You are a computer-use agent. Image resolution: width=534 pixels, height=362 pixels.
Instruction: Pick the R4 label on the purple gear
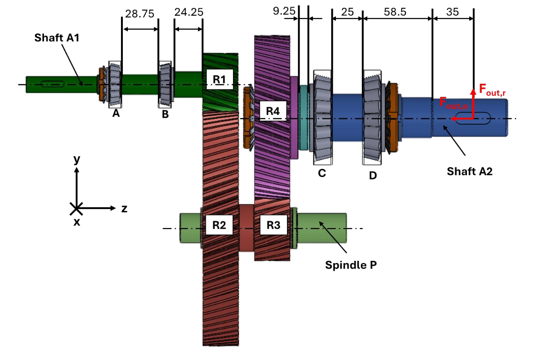tap(273, 111)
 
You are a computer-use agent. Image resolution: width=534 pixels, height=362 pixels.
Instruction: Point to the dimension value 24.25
tap(188, 13)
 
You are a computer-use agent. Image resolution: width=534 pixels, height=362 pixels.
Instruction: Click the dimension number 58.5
tap(397, 12)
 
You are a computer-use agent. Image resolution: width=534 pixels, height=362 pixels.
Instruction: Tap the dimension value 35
tap(452, 12)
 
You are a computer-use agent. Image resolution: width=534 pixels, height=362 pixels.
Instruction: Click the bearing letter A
tap(116, 114)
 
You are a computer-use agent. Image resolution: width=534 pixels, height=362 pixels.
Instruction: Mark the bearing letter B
tap(165, 115)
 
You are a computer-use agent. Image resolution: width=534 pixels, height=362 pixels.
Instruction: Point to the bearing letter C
tap(322, 173)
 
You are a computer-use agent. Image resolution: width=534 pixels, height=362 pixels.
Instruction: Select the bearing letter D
tap(373, 175)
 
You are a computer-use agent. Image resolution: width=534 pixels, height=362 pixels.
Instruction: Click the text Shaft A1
tap(57, 38)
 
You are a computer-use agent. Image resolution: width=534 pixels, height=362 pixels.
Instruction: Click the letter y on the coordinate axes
tap(77, 159)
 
